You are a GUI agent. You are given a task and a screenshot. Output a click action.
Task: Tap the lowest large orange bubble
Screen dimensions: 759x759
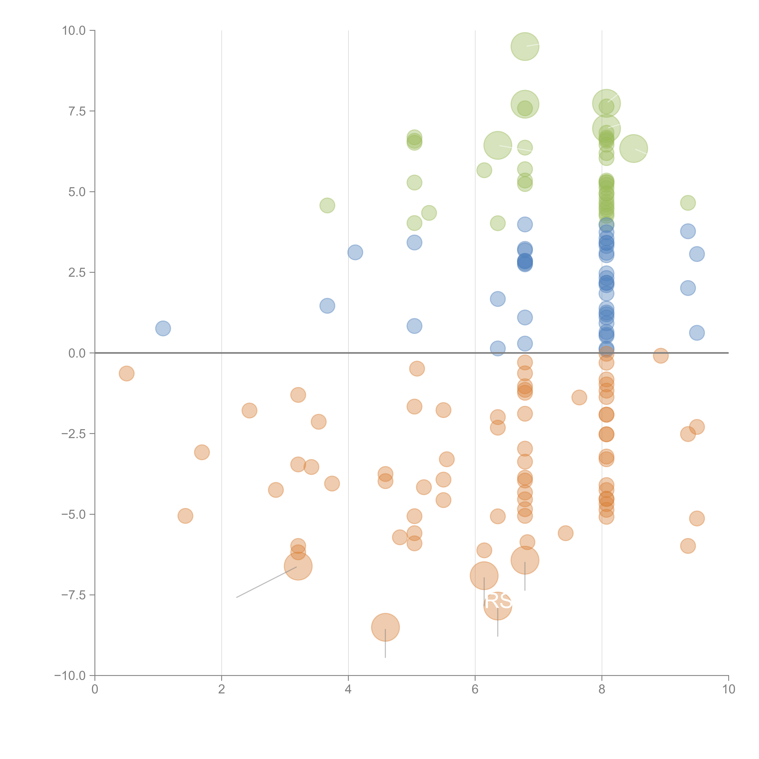tap(385, 627)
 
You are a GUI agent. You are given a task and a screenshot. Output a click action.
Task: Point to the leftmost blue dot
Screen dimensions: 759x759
tap(163, 328)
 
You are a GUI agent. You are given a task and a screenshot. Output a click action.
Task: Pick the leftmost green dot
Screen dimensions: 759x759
tap(327, 206)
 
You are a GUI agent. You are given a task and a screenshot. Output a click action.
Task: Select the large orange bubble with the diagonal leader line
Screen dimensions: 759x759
tap(298, 566)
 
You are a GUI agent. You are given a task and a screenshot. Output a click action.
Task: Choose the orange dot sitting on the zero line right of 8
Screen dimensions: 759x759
tap(661, 356)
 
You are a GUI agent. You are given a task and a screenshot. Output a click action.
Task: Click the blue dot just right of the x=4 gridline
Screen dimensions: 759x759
tap(355, 252)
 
